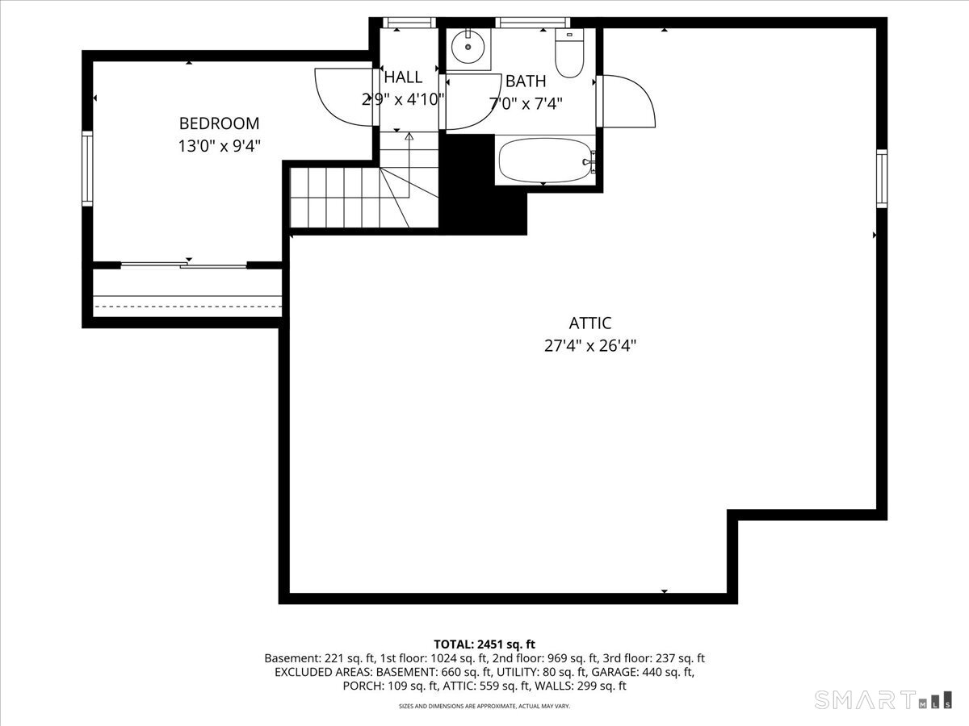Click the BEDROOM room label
[x=219, y=123]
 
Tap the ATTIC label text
[x=589, y=323]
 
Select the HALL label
[x=403, y=77]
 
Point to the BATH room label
[x=526, y=81]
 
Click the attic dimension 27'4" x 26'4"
[x=589, y=346]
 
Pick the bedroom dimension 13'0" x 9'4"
[x=219, y=146]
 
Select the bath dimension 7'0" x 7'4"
[x=526, y=104]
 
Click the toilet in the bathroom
[x=569, y=53]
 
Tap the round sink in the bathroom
[x=468, y=47]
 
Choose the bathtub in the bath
[x=545, y=160]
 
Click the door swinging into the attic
[x=626, y=102]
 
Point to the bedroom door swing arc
[x=344, y=97]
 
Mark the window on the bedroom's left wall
[x=87, y=169]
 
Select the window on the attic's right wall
[x=882, y=178]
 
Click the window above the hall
[x=409, y=23]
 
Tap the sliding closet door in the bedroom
[x=183, y=265]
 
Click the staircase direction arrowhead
[x=409, y=136]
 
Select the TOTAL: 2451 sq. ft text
[x=484, y=645]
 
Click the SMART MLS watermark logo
[x=883, y=699]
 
